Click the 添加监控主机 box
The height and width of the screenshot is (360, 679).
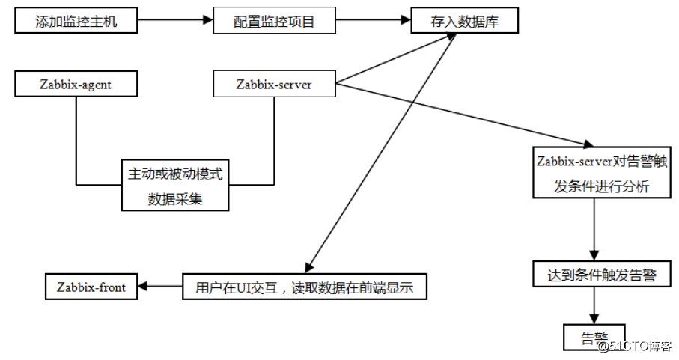(x=76, y=20)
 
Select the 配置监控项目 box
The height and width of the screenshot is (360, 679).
(x=275, y=20)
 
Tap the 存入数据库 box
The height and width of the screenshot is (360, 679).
(x=465, y=20)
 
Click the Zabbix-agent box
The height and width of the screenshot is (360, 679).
(x=76, y=84)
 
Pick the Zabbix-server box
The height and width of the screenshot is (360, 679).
(x=275, y=84)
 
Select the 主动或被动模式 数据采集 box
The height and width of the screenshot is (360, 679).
(x=175, y=185)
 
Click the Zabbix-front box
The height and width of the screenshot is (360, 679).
(x=91, y=287)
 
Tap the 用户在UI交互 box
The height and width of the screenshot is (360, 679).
(x=305, y=287)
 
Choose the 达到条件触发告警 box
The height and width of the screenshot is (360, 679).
(x=602, y=274)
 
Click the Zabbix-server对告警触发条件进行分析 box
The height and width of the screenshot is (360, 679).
(x=602, y=173)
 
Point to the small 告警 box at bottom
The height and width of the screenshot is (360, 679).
(x=594, y=337)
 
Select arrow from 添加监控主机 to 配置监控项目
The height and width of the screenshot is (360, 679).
(x=175, y=20)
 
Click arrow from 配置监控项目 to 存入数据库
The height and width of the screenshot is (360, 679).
(x=374, y=20)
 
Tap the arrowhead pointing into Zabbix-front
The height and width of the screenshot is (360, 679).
(x=142, y=286)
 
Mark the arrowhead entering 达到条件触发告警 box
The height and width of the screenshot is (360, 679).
(x=594, y=255)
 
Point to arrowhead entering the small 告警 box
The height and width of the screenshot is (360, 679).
(x=594, y=319)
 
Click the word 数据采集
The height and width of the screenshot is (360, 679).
(x=175, y=199)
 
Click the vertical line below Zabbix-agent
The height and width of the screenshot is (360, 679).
(x=76, y=141)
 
